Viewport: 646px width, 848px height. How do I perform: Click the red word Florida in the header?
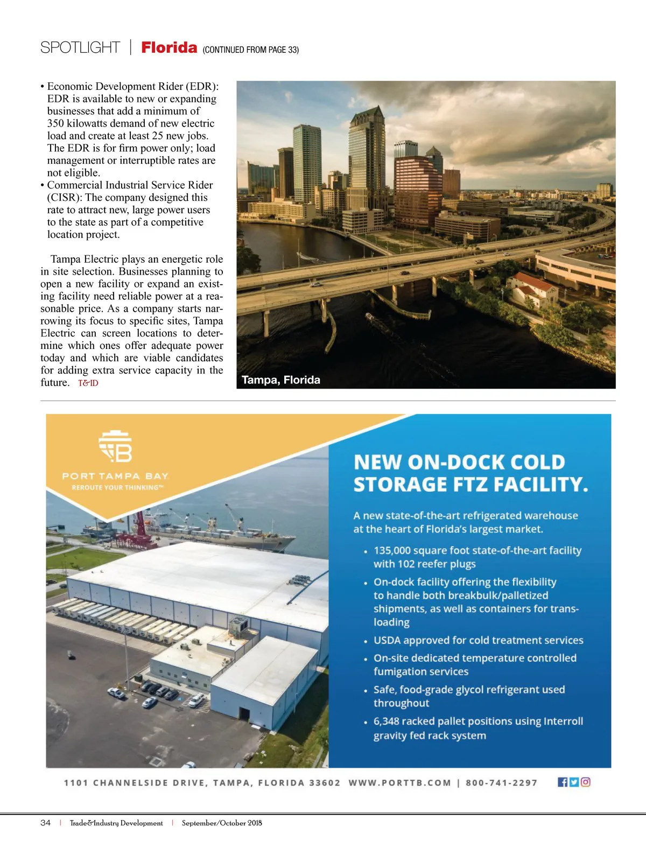point(169,48)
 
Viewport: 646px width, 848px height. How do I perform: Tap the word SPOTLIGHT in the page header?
point(80,48)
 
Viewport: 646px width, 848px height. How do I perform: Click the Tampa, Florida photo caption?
point(281,380)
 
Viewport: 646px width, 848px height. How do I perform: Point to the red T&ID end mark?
point(88,383)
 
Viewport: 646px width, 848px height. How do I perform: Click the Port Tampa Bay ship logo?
point(116,447)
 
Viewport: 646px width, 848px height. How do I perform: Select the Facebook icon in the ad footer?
point(563,782)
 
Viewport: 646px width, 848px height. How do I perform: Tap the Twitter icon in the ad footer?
point(574,782)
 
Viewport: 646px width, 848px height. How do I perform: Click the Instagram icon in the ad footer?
point(586,782)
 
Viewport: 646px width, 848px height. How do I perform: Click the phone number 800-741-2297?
point(502,783)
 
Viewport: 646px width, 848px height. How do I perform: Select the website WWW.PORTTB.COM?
point(400,783)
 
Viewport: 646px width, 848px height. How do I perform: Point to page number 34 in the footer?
point(46,823)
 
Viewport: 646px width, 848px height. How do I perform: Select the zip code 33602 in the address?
point(325,783)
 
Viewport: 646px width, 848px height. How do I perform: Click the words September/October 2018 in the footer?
point(222,823)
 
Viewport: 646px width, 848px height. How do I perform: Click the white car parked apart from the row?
point(116,693)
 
